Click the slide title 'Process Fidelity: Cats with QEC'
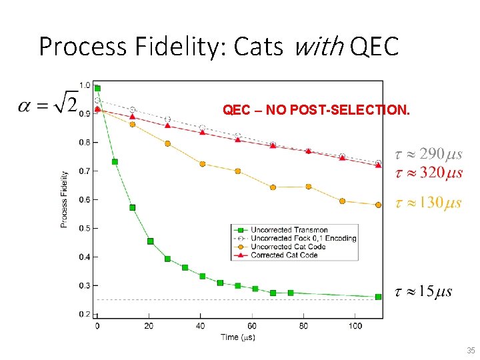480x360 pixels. click(219, 46)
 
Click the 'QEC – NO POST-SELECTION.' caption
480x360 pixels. click(316, 110)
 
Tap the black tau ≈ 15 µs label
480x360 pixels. click(423, 291)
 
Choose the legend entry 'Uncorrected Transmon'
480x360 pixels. click(289, 230)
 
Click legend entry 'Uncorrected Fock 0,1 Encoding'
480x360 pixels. click(303, 238)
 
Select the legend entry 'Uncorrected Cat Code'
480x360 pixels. click(288, 247)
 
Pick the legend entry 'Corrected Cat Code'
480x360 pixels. click(284, 255)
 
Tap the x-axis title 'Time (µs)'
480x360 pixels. click(238, 337)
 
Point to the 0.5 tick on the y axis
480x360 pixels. click(85, 228)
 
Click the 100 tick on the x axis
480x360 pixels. click(355, 326)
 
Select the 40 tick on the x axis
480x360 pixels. click(200, 326)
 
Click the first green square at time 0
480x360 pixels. click(97, 88)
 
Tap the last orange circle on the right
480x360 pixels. click(378, 205)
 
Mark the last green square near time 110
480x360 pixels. click(378, 297)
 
